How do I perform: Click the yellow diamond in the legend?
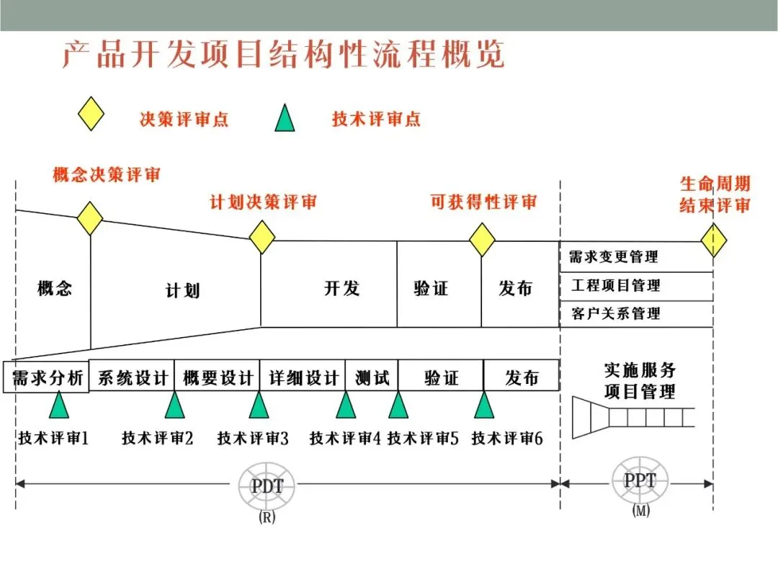(x=91, y=115)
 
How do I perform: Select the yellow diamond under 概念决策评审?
(x=90, y=218)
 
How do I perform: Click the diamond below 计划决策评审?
(x=262, y=236)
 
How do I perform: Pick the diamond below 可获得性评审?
(x=482, y=239)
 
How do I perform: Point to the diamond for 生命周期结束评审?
(x=713, y=240)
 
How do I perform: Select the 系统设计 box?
(x=133, y=377)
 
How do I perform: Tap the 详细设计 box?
(x=303, y=377)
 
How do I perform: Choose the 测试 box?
(x=372, y=377)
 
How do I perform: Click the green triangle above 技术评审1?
(x=59, y=405)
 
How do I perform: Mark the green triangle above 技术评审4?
(x=346, y=405)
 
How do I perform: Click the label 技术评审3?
(x=253, y=437)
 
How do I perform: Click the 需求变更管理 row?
(x=636, y=257)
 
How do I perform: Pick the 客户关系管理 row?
(x=636, y=314)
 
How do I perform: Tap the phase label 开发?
(x=341, y=289)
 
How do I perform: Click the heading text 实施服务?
(x=640, y=371)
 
